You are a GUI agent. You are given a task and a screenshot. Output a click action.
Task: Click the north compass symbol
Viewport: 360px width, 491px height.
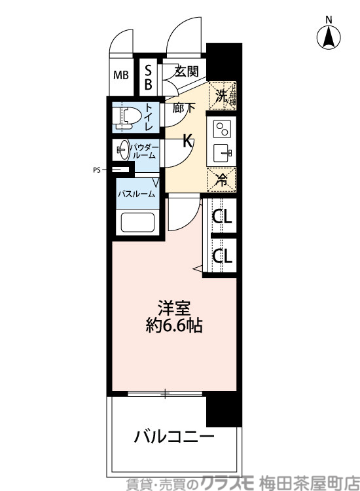pyautogui.click(x=329, y=37)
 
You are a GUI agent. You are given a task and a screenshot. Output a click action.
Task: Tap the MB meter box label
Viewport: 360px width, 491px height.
pyautogui.click(x=122, y=75)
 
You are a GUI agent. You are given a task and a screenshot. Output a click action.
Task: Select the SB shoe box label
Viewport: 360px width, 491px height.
pyautogui.click(x=148, y=76)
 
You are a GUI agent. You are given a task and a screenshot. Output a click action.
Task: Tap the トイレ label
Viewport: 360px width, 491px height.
pyautogui.click(x=149, y=117)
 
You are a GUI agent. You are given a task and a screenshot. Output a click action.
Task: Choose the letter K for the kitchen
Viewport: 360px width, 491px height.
pyautogui.click(x=187, y=140)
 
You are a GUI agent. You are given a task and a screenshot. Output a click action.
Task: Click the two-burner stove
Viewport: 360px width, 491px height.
pyautogui.click(x=223, y=128)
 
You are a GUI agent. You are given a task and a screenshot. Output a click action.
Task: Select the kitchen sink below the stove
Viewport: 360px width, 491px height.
pyautogui.click(x=223, y=155)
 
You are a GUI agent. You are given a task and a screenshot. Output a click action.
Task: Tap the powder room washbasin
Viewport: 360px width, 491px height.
pyautogui.click(x=122, y=150)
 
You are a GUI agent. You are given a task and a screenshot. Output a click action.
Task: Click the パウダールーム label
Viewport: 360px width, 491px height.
pyautogui.click(x=143, y=151)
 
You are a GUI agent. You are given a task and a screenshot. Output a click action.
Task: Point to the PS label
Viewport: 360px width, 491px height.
pyautogui.click(x=96, y=170)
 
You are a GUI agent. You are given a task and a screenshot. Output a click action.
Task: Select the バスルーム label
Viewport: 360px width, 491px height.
pyautogui.click(x=136, y=194)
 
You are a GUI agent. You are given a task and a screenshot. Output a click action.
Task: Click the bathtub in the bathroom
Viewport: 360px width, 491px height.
pyautogui.click(x=136, y=225)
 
